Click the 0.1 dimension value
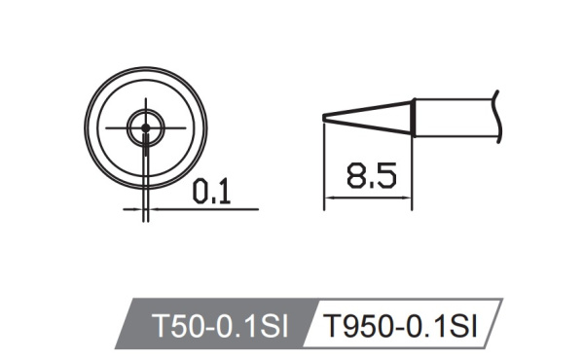(x=209, y=193)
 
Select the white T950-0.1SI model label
(x=399, y=324)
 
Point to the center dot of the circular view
(x=145, y=126)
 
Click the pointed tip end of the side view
(x=324, y=119)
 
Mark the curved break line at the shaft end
(x=496, y=115)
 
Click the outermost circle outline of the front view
(x=85, y=126)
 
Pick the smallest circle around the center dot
(x=153, y=126)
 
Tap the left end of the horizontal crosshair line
(x=105, y=126)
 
